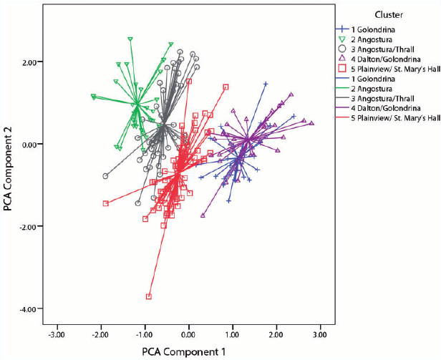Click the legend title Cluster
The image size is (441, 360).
coord(388,14)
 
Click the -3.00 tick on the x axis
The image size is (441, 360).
coord(57,334)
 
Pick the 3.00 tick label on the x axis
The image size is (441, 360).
coord(319,334)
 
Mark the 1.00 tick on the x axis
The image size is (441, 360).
coord(232,334)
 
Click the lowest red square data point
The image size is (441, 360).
coord(149,296)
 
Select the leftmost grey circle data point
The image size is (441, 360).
coord(105,176)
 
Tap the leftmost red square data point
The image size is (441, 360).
coord(105,203)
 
